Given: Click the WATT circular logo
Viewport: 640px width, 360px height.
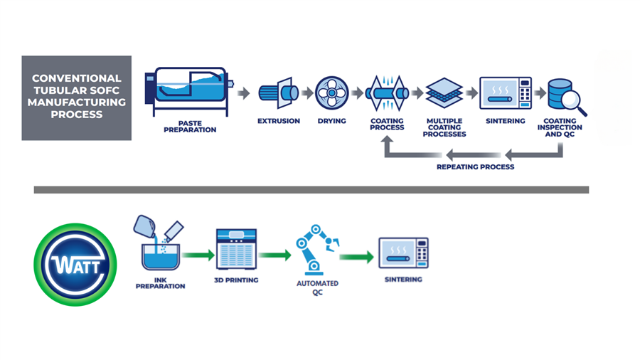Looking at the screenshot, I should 75,265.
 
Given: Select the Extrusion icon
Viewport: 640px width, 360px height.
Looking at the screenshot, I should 277,93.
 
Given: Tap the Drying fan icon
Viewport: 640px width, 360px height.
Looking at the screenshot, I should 331,93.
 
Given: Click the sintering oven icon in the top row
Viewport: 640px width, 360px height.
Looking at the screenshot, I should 505,93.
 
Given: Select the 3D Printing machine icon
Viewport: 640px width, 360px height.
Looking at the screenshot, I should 236,249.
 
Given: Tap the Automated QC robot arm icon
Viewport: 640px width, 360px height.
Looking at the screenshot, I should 316,250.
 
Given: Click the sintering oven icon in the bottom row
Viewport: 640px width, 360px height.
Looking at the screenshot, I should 403,253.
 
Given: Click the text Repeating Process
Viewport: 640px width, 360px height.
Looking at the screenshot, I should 475,167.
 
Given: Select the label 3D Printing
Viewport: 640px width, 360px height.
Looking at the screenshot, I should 236,280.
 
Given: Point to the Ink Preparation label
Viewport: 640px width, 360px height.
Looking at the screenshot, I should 161,283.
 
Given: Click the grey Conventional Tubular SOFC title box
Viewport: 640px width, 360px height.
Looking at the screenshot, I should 77,97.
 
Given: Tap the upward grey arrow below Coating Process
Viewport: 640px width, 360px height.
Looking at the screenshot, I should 388,145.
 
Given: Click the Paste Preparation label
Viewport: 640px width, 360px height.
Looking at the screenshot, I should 189,126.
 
